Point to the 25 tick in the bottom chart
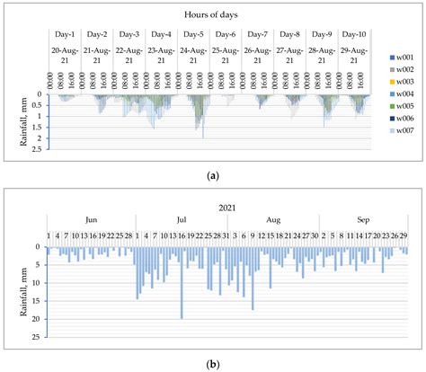tap(38, 337)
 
